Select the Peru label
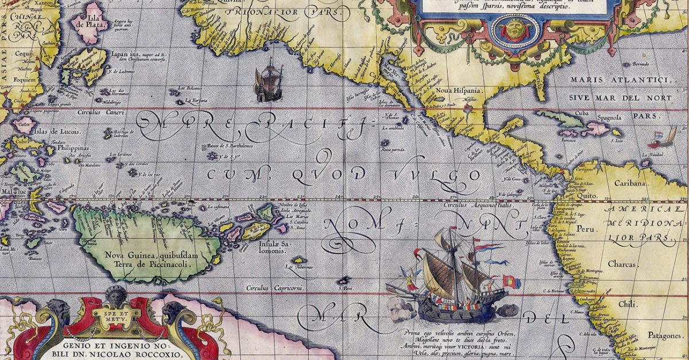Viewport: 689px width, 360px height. (x=584, y=229)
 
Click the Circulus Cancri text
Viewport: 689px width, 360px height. (x=104, y=112)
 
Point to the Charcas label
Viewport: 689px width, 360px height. (x=622, y=265)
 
